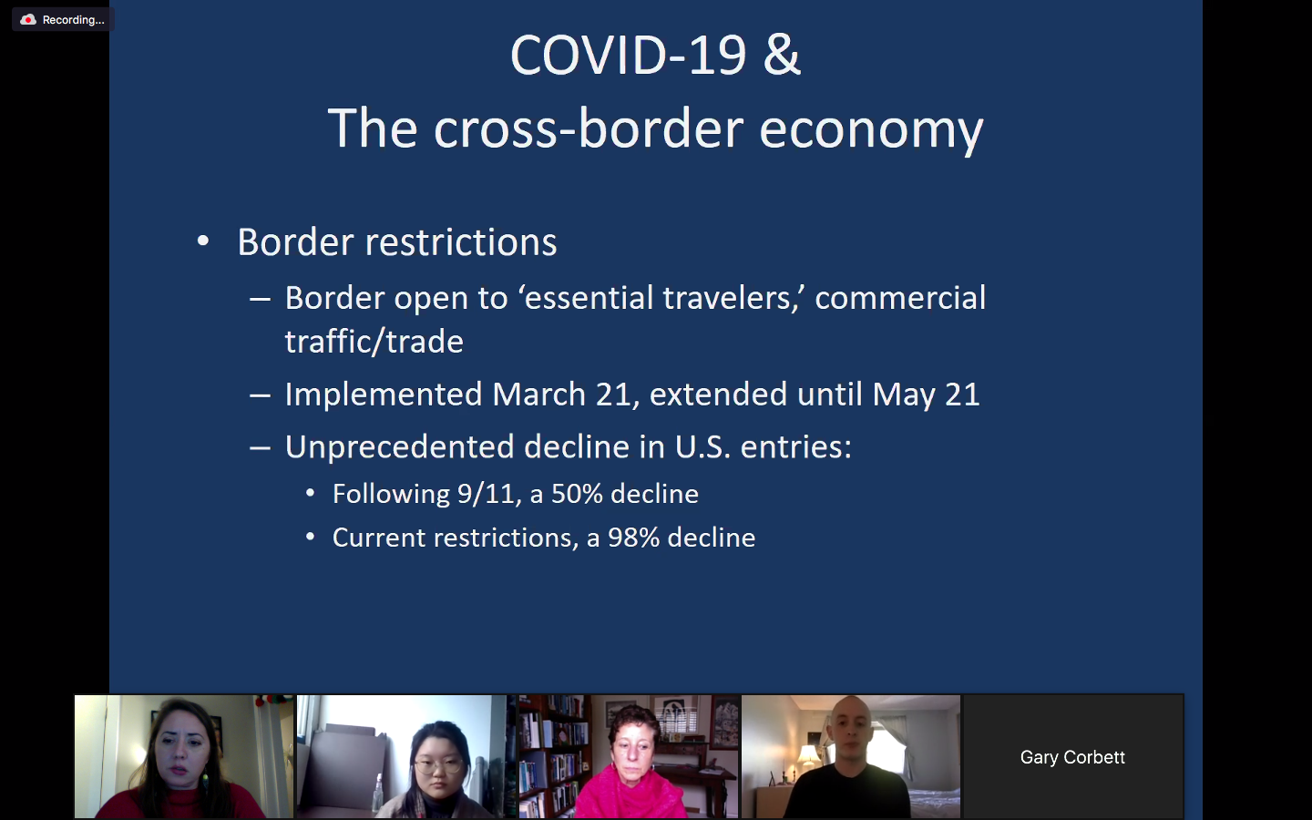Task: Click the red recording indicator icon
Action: pyautogui.click(x=28, y=20)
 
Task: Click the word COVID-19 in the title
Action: pyautogui.click(x=629, y=56)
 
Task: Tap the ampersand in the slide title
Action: pyautogui.click(x=782, y=55)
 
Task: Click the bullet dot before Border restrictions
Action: pyautogui.click(x=203, y=241)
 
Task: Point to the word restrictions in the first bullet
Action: pyautogui.click(x=461, y=242)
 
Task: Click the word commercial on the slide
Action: pyautogui.click(x=900, y=298)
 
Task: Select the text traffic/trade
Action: pyautogui.click(x=374, y=342)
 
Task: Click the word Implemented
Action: pyautogui.click(x=384, y=395)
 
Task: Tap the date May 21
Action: pyautogui.click(x=926, y=395)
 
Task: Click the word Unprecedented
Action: pyautogui.click(x=399, y=446)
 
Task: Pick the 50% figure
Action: pyautogui.click(x=578, y=494)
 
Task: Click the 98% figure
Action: pyautogui.click(x=634, y=538)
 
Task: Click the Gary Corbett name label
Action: pyautogui.click(x=1072, y=757)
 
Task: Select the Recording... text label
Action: pyautogui.click(x=73, y=20)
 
